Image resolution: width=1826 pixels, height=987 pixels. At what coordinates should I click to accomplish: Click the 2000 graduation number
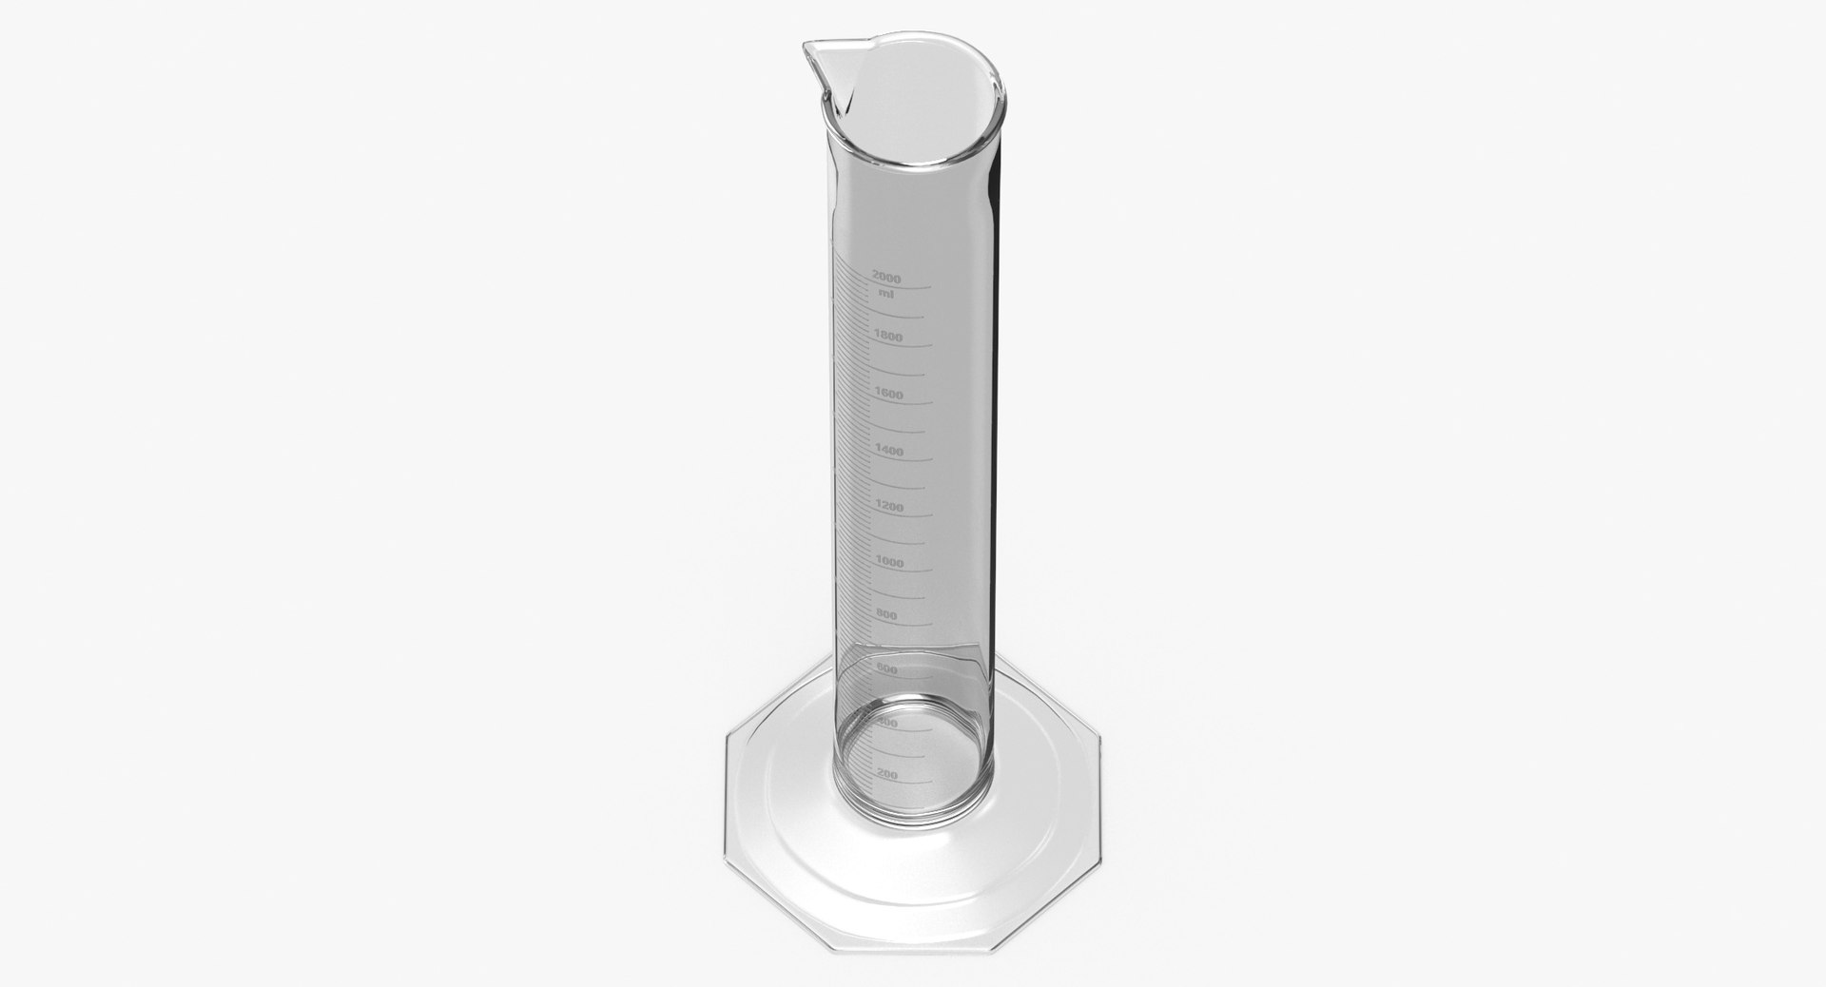click(885, 278)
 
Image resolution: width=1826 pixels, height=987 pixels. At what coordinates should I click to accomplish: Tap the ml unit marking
click(885, 293)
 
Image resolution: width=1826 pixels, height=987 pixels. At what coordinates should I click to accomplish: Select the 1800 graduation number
click(886, 337)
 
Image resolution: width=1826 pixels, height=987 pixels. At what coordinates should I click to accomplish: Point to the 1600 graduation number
click(887, 394)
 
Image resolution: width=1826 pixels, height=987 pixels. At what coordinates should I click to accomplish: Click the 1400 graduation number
click(888, 451)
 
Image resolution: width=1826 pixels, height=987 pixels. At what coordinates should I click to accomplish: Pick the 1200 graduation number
click(888, 507)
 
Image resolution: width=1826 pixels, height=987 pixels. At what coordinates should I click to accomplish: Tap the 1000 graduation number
click(888, 562)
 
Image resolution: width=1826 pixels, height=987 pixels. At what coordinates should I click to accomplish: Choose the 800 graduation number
click(886, 616)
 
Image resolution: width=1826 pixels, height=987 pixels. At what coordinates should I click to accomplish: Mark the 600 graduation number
click(886, 669)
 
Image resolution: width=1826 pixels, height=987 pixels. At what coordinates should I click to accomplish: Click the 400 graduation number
click(886, 724)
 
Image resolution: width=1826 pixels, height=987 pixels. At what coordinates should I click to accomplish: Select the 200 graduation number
click(886, 775)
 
